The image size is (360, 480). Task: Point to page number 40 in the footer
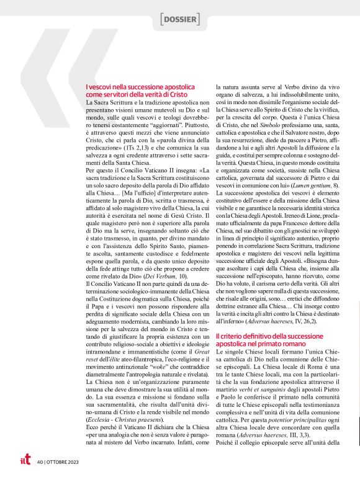[40, 461]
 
